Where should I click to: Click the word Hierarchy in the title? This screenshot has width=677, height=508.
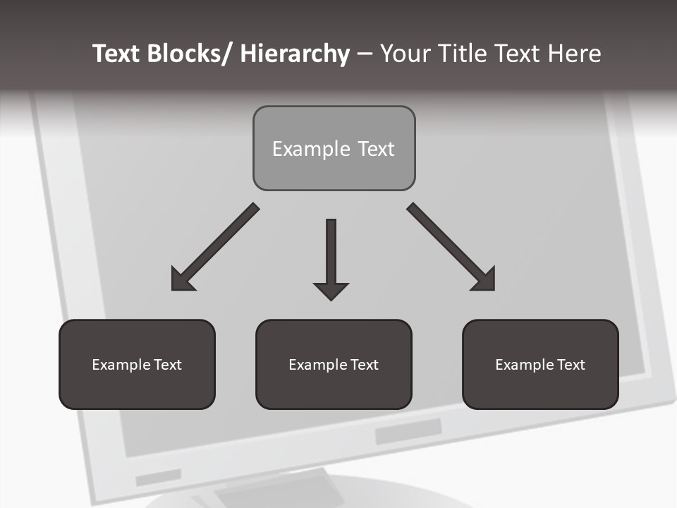click(x=295, y=54)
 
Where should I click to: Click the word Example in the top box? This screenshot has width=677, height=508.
click(x=311, y=149)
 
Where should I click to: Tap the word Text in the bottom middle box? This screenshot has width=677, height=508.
click(x=364, y=365)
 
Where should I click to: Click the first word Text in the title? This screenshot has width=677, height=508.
click(x=118, y=54)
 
